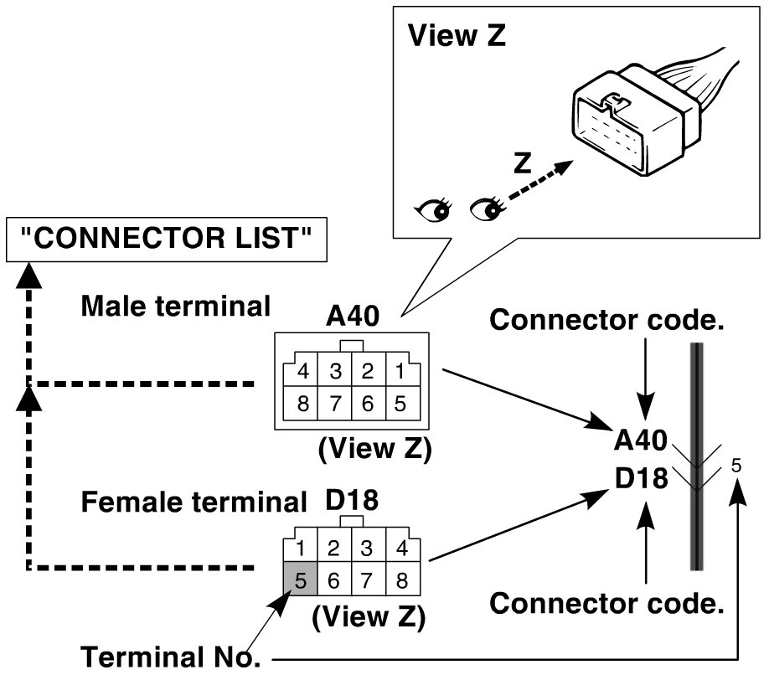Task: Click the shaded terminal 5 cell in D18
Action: [x=301, y=579]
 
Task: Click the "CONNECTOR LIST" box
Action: [x=166, y=240]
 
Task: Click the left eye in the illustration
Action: [x=433, y=210]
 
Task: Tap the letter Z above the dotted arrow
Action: [x=523, y=162]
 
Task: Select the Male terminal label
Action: [x=176, y=306]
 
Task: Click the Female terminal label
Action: [x=194, y=502]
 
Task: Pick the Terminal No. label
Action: [x=170, y=657]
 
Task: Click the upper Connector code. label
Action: [x=606, y=320]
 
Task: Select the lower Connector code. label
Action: [x=606, y=603]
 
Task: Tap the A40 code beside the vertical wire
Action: [x=641, y=440]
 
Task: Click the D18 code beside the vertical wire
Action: [x=641, y=478]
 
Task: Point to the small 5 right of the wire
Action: [x=736, y=465]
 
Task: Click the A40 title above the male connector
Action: [x=353, y=317]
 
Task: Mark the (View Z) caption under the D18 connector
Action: [x=369, y=616]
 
